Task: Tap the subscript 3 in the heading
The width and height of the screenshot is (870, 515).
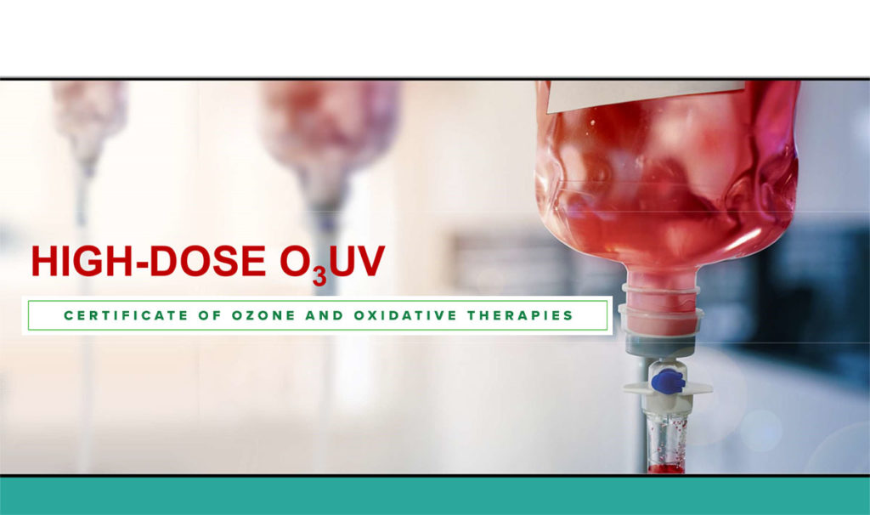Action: (x=315, y=275)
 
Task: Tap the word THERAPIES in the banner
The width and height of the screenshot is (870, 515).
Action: (x=520, y=315)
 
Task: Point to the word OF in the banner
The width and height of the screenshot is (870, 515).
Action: (x=207, y=315)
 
